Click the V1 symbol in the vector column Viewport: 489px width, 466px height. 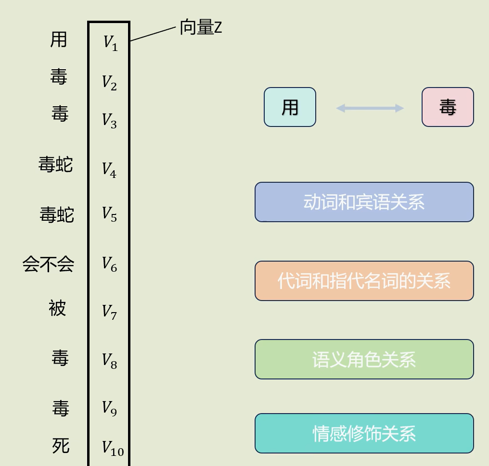point(110,43)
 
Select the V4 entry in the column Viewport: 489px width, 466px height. point(109,170)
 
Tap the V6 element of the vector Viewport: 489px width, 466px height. point(109,264)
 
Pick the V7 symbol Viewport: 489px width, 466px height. point(109,312)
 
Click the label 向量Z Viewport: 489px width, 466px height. point(201,27)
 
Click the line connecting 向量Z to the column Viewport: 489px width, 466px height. point(153,34)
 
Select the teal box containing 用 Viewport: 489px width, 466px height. point(290,107)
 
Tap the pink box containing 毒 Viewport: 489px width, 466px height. point(448,107)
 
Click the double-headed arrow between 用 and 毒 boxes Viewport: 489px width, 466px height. point(370,108)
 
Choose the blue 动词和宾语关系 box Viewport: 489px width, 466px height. point(364,202)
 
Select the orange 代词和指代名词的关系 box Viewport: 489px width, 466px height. point(364,281)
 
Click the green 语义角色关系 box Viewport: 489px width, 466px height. point(364,359)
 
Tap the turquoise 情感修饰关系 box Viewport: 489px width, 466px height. point(364,433)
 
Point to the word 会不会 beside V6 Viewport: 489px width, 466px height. point(48,264)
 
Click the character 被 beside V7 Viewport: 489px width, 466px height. point(57,308)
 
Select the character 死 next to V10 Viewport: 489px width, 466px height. point(61,446)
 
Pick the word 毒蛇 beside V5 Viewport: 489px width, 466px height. point(57,214)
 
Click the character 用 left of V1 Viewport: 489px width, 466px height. point(58,39)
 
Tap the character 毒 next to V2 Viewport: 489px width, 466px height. point(59,76)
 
